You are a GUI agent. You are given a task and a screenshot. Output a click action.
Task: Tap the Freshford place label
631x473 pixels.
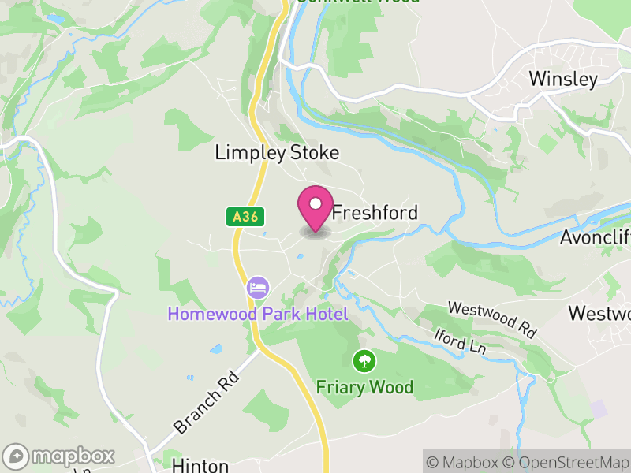pyautogui.click(x=375, y=213)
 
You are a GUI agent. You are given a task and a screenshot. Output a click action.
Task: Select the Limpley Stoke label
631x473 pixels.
pyautogui.click(x=277, y=153)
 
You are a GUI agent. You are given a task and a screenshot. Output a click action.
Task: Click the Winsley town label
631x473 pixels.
pyautogui.click(x=563, y=79)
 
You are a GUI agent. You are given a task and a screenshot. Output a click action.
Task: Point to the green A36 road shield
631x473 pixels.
pyautogui.click(x=245, y=217)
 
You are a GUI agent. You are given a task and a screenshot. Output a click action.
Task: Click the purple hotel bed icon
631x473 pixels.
pyautogui.click(x=257, y=287)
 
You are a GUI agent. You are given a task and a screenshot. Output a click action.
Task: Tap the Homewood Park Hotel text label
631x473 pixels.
pyautogui.click(x=257, y=315)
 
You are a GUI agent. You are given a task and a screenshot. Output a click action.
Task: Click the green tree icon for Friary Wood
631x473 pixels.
pyautogui.click(x=364, y=361)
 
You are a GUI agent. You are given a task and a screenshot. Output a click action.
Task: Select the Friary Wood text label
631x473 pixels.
pyautogui.click(x=364, y=387)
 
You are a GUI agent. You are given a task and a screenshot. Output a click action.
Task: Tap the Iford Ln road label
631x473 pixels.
pyautogui.click(x=461, y=340)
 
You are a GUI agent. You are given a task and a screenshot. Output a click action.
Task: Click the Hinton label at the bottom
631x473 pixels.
pyautogui.click(x=200, y=466)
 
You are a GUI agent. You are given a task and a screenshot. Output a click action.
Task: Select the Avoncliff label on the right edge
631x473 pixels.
pyautogui.click(x=595, y=237)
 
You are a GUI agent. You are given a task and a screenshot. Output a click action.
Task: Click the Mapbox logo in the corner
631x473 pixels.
pyautogui.click(x=60, y=456)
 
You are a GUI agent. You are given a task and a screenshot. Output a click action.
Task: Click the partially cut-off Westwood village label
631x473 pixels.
pyautogui.click(x=599, y=313)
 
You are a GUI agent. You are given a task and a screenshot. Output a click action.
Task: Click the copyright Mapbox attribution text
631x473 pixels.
pyautogui.click(x=465, y=462)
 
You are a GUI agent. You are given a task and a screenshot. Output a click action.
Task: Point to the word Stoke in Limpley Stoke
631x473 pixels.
pyautogui.click(x=314, y=153)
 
